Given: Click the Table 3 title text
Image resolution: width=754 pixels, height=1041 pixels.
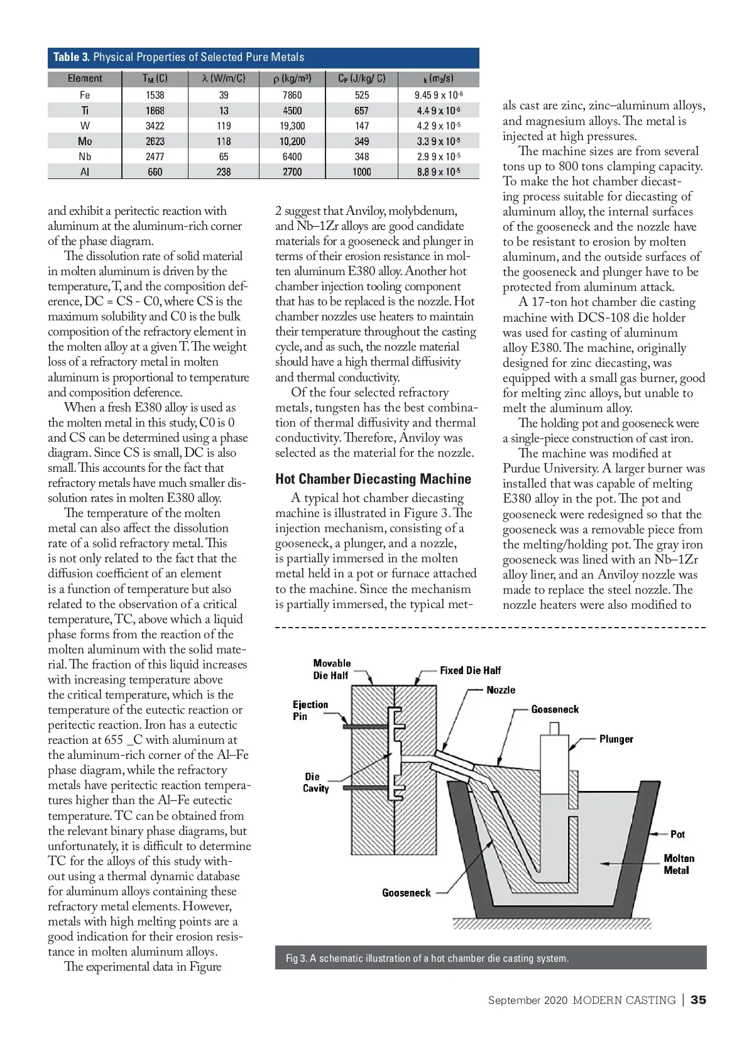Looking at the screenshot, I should coord(178,57).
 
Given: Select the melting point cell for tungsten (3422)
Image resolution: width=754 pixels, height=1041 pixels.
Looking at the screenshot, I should coord(155,126).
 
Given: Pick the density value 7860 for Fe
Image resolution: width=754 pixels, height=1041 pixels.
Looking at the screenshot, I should coord(292,95).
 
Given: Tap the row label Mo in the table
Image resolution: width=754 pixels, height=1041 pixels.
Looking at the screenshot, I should coord(85,141).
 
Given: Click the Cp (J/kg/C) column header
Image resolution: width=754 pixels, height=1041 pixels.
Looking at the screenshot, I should coord(361,79).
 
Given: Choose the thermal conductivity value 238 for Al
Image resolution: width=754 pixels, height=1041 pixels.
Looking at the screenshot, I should coord(224,172).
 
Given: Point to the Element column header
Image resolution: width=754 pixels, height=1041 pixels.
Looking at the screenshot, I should coord(85,79).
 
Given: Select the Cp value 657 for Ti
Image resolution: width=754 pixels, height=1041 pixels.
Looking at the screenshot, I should coord(361,111).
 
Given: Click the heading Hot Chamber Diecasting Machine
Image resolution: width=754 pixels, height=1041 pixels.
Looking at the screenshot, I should coord(373,479).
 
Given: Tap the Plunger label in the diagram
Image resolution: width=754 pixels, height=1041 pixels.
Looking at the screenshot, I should coord(616,739).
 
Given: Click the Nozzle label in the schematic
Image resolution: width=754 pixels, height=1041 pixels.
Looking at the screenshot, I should coord(501,690).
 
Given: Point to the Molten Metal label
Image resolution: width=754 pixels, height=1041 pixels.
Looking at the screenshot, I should coord(679,864).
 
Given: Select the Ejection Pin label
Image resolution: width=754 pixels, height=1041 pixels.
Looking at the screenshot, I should coord(310,710).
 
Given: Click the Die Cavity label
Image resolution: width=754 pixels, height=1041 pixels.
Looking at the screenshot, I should coord(315,782).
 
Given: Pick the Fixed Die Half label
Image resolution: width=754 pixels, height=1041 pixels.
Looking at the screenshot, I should coord(470,670).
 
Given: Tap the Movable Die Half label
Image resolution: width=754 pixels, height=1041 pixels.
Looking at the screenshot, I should coord(332,669).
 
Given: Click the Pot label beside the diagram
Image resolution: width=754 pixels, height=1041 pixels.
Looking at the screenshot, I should coord(677,834).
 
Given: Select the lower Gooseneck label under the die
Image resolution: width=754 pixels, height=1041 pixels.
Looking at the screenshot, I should coord(407,893).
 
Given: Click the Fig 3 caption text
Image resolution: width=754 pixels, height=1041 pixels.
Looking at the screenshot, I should coord(427,958).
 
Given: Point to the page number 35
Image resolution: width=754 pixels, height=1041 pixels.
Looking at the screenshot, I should coord(698,1000).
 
